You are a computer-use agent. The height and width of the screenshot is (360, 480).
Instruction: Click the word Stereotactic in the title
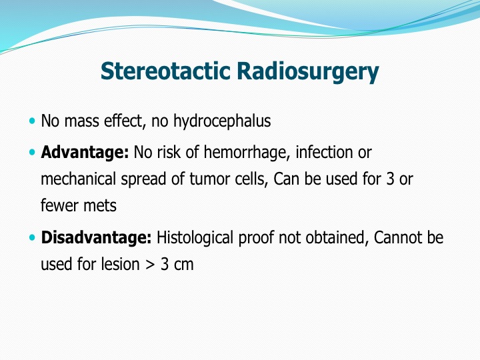coord(165,71)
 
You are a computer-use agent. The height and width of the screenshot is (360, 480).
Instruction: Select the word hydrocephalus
coord(222,121)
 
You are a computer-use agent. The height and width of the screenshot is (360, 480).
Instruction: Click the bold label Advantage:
coord(85,153)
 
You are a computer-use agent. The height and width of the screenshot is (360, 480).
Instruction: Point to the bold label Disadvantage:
coord(96,237)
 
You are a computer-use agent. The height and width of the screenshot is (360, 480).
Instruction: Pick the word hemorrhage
coord(247,153)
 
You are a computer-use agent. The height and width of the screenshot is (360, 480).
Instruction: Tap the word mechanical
coord(78,179)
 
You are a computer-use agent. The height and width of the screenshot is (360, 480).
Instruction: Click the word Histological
coord(195,238)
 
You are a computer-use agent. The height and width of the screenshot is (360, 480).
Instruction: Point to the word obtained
coord(337,238)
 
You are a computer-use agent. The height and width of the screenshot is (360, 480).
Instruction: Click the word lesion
coord(120,264)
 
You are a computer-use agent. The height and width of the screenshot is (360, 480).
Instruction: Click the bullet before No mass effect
coord(32,121)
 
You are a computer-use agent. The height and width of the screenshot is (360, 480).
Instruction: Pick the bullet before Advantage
coord(32,152)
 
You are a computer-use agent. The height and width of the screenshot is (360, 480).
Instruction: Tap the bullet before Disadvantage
coord(32,237)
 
